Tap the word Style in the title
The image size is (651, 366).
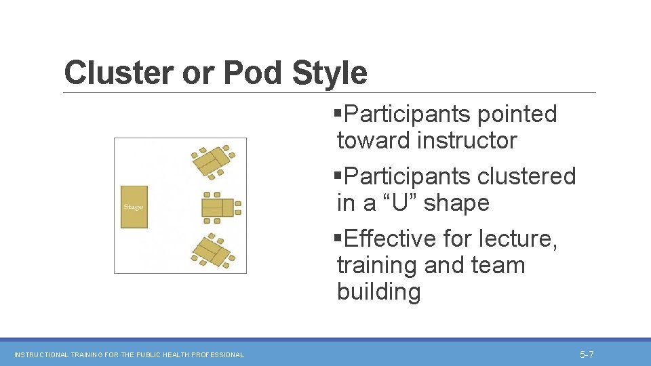(330, 73)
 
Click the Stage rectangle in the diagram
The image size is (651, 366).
(134, 207)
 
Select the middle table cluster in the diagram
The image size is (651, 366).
(220, 207)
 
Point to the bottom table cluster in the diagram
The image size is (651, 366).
(213, 251)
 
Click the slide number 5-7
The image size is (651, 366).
(587, 354)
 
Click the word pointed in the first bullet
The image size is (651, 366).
(516, 114)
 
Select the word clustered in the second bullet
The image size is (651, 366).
(526, 176)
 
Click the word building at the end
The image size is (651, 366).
(378, 292)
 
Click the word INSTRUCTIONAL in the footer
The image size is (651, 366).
(41, 354)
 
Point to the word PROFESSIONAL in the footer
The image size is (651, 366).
(218, 354)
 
